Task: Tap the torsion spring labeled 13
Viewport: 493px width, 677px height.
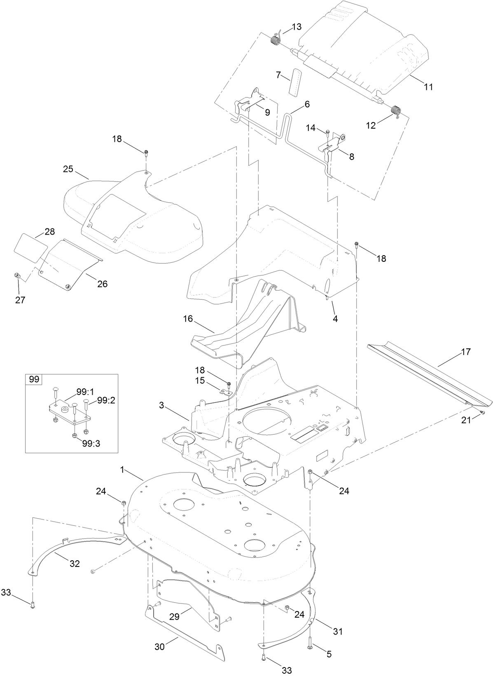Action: click(275, 40)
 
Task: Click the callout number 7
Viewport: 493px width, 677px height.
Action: click(278, 75)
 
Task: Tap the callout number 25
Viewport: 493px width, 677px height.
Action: click(68, 169)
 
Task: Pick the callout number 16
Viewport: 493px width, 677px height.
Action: click(188, 307)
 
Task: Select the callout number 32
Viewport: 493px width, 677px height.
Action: click(75, 564)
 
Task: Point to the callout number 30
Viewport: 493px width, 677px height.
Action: click(159, 647)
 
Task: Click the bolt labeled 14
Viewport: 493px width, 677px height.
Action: click(327, 133)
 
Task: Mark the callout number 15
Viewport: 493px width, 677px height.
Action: click(200, 381)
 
